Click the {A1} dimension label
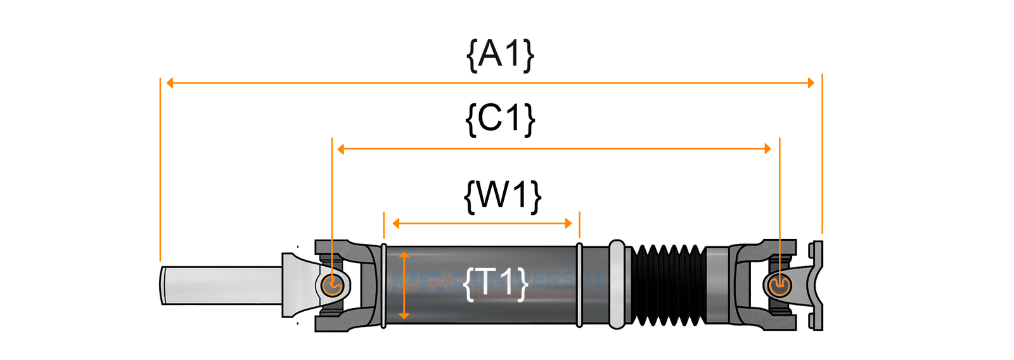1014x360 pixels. tap(500, 55)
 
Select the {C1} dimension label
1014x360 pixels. tap(500, 119)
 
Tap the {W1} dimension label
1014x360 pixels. tap(503, 195)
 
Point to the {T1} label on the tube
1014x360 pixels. tap(496, 283)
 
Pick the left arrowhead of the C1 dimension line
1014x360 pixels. tap(341, 149)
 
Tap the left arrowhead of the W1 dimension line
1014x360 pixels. tap(396, 223)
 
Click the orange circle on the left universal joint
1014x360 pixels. tap(331, 285)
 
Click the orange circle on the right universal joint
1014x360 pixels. tap(779, 286)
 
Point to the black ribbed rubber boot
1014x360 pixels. tap(666, 285)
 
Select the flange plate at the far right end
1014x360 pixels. tap(817, 285)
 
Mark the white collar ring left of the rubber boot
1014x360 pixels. tap(617, 285)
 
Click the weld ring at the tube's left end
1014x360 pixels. tap(383, 285)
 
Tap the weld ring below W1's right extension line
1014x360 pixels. tap(579, 285)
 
